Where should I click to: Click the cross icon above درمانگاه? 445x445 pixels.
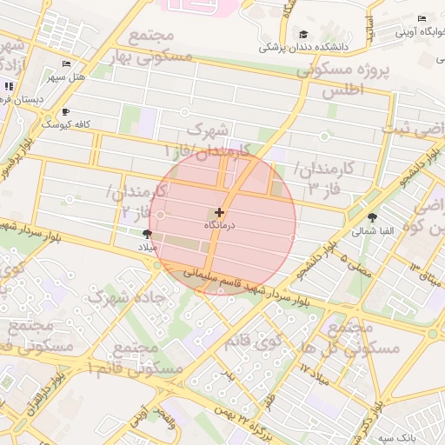coord(218,212)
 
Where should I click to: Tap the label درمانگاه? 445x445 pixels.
coord(218,224)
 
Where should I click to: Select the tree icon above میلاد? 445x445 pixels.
coord(146,234)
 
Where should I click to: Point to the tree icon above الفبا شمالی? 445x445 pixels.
coord(373,217)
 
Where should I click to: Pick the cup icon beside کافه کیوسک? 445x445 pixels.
coord(65,112)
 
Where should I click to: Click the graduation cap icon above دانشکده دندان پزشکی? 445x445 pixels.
coord(303,34)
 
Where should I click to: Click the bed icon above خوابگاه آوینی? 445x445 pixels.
coord(422,19)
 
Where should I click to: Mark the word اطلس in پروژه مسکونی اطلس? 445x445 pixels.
coord(342,90)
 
